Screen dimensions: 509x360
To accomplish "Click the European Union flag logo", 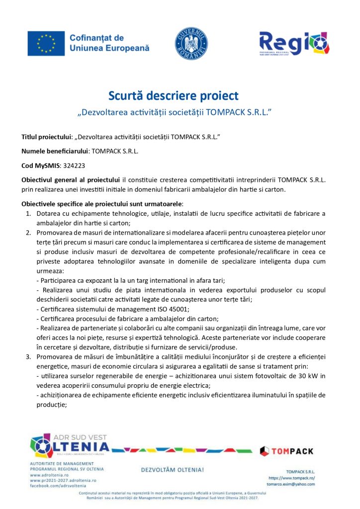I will point(46,43).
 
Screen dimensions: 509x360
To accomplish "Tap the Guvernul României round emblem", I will point(191,43).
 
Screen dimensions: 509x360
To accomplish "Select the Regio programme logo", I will point(294,43).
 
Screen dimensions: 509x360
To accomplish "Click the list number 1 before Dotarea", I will point(28,213).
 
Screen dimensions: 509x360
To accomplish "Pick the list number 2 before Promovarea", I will point(28,232).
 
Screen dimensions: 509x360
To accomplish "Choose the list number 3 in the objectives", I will point(28,357).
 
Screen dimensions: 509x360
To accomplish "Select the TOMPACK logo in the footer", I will point(287,451).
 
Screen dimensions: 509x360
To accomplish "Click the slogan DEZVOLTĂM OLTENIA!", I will point(173,469).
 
